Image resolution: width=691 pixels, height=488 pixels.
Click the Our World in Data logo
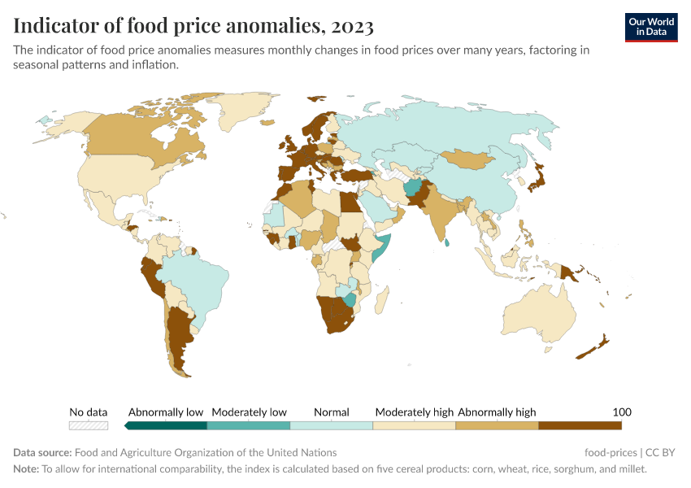tap(650, 27)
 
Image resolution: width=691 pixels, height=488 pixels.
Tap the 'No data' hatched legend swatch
tap(89, 425)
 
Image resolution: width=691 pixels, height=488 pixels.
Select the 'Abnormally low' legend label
tap(166, 412)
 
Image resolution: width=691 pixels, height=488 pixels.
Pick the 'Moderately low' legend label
tap(249, 412)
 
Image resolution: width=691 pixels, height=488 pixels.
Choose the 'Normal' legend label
tap(331, 412)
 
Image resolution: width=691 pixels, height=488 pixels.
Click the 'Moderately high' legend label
tap(414, 412)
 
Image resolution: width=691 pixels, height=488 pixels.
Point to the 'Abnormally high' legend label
tap(497, 412)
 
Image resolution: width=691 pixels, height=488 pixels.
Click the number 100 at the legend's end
tap(622, 412)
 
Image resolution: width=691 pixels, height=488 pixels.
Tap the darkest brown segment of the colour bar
tap(580, 425)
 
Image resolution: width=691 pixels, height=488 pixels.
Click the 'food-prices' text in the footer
tap(611, 452)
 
